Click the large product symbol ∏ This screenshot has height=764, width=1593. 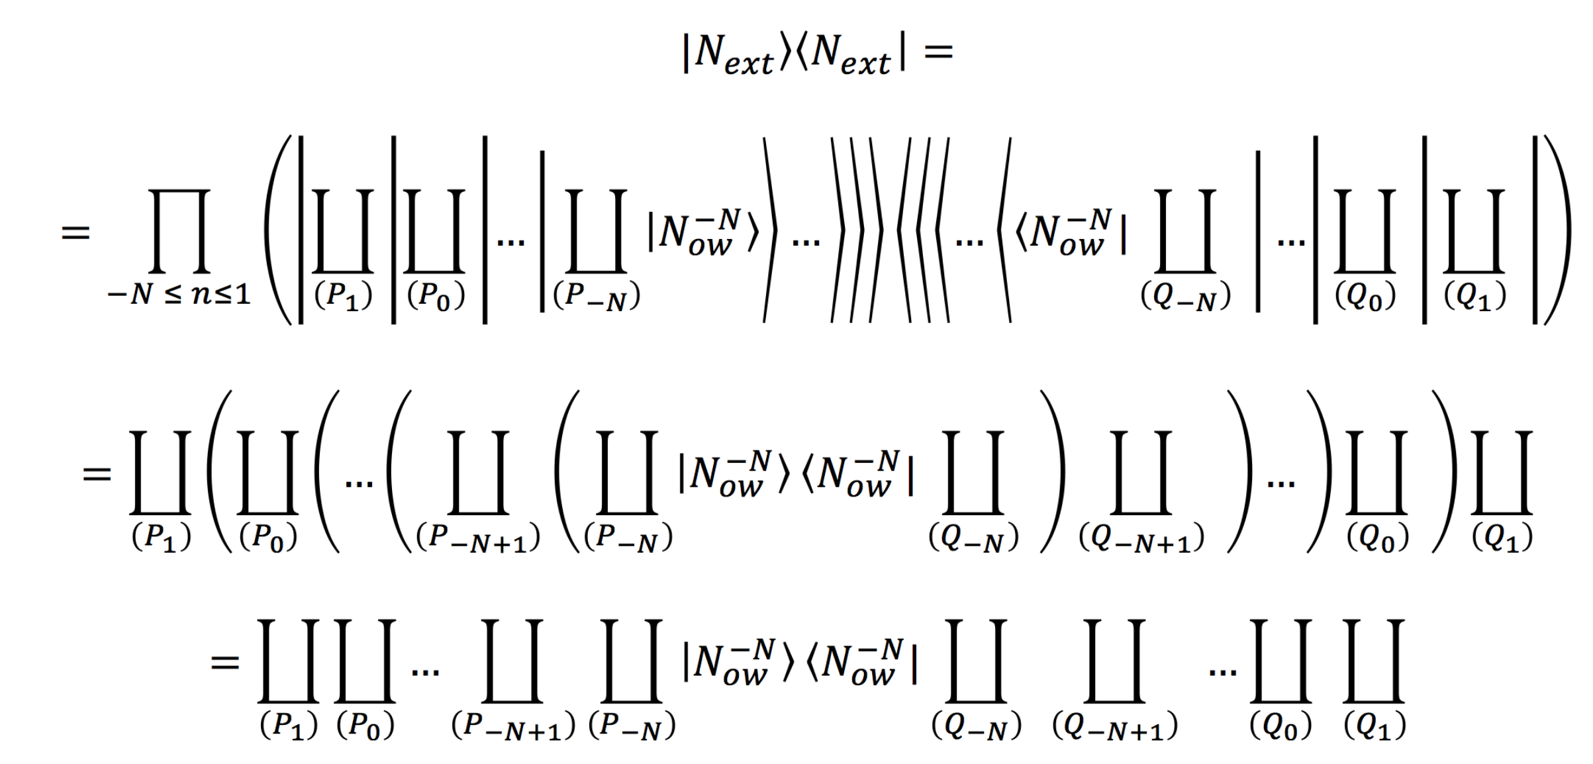tap(179, 230)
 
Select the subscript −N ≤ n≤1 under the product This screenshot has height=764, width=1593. tap(179, 293)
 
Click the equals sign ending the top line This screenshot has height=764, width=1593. tap(938, 52)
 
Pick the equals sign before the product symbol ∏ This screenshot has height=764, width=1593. tap(75, 232)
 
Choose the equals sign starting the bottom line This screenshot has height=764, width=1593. tap(224, 662)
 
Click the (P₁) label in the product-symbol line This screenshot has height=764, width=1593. tap(343, 296)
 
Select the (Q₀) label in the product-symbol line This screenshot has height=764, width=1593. tap(1365, 296)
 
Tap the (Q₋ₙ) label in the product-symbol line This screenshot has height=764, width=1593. tap(1185, 296)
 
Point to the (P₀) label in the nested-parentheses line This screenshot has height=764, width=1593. tap(268, 537)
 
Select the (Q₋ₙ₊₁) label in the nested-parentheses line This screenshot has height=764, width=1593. tap(1141, 538)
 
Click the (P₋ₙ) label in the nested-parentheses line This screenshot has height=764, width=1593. tap(628, 538)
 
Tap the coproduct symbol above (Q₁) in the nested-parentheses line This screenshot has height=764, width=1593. tap(1502, 473)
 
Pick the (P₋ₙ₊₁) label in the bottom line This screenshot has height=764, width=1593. tap(512, 726)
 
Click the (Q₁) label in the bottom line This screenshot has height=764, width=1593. tap(1375, 726)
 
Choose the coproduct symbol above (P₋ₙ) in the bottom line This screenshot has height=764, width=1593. tap(631, 661)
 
